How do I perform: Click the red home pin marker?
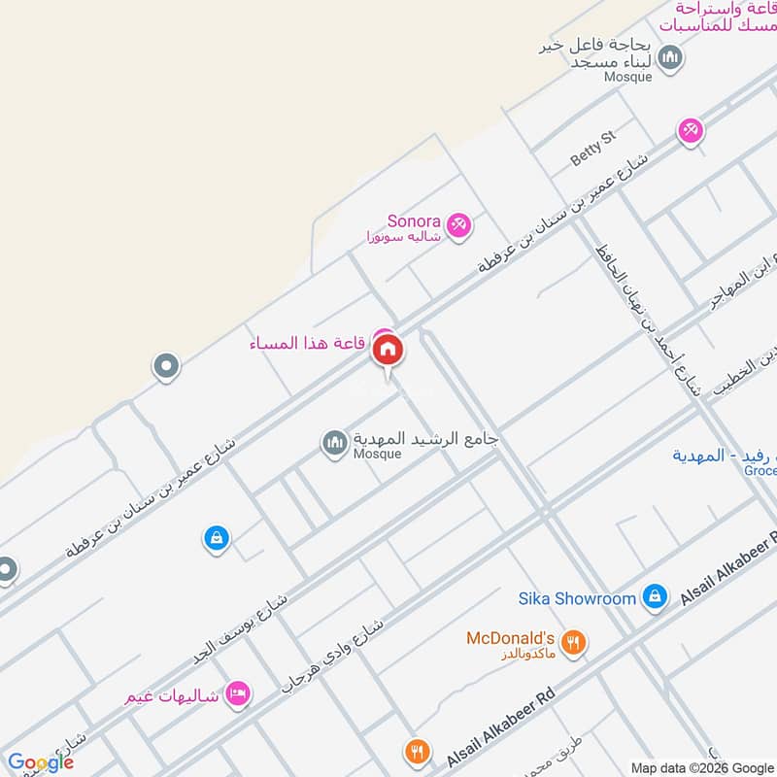[x=388, y=351]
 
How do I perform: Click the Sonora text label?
[x=415, y=220]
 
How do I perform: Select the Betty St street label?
[x=592, y=147]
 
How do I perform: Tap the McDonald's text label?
[x=510, y=638]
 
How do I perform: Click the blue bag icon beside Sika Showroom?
[x=655, y=597]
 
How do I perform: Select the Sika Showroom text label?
[x=577, y=598]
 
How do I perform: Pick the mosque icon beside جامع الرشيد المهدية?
[x=335, y=443]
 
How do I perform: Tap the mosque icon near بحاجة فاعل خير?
[x=670, y=57]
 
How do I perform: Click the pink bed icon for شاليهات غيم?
[x=237, y=693]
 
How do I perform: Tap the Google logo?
[x=40, y=762]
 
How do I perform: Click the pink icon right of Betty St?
[x=691, y=130]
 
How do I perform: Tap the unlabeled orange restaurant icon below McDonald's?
[x=418, y=751]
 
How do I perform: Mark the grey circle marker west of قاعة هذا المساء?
[x=166, y=367]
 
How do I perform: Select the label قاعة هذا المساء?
[x=307, y=343]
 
